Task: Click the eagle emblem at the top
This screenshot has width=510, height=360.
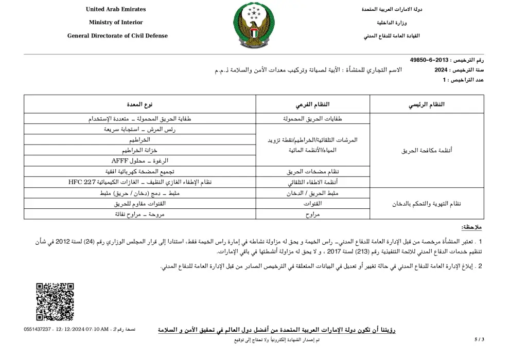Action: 254,26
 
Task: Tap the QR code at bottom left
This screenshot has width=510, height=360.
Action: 55,302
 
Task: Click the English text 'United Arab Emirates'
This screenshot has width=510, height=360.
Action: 116,9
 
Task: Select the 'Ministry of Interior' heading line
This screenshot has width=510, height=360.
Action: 116,23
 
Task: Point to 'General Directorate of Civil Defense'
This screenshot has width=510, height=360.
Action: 117,36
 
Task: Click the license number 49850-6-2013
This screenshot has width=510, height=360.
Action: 429,60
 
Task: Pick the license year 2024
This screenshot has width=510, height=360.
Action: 441,69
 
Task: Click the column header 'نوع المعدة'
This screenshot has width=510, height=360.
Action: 140,104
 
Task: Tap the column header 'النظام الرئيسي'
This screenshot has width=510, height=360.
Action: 427,104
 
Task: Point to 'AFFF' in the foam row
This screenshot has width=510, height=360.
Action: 115,161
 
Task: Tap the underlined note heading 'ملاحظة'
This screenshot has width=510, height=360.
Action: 471,227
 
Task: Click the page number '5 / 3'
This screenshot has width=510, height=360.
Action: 479,339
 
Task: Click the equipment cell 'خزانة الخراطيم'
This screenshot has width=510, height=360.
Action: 139,150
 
